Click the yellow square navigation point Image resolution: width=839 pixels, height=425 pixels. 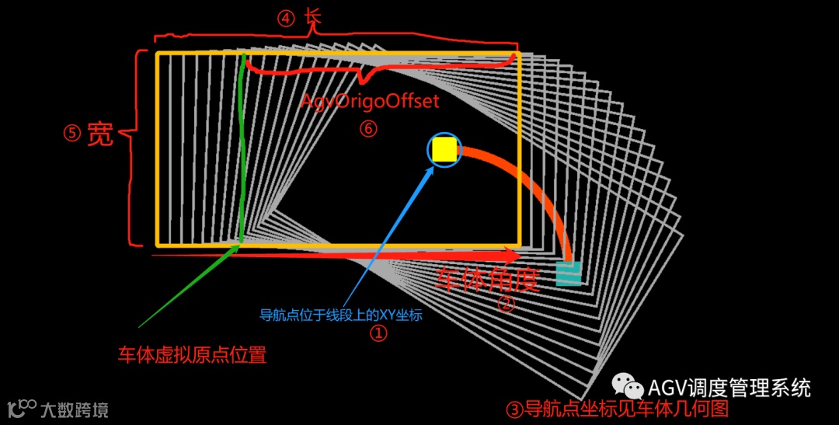(444, 150)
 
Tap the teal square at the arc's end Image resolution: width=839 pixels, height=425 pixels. (569, 273)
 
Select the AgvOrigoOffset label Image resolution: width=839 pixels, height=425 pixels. (370, 102)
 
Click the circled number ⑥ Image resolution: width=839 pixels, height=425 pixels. (368, 129)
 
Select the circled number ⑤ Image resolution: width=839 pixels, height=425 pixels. (72, 134)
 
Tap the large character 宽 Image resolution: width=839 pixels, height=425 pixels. (99, 134)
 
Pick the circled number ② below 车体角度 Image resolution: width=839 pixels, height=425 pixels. (506, 305)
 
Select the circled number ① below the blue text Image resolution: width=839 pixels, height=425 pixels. (378, 334)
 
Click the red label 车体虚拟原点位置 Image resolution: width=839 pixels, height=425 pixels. (192, 356)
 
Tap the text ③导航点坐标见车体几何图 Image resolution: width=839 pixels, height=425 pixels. (617, 409)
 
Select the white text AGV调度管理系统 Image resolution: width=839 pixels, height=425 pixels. (729, 387)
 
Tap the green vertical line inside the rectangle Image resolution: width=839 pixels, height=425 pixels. (243, 148)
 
